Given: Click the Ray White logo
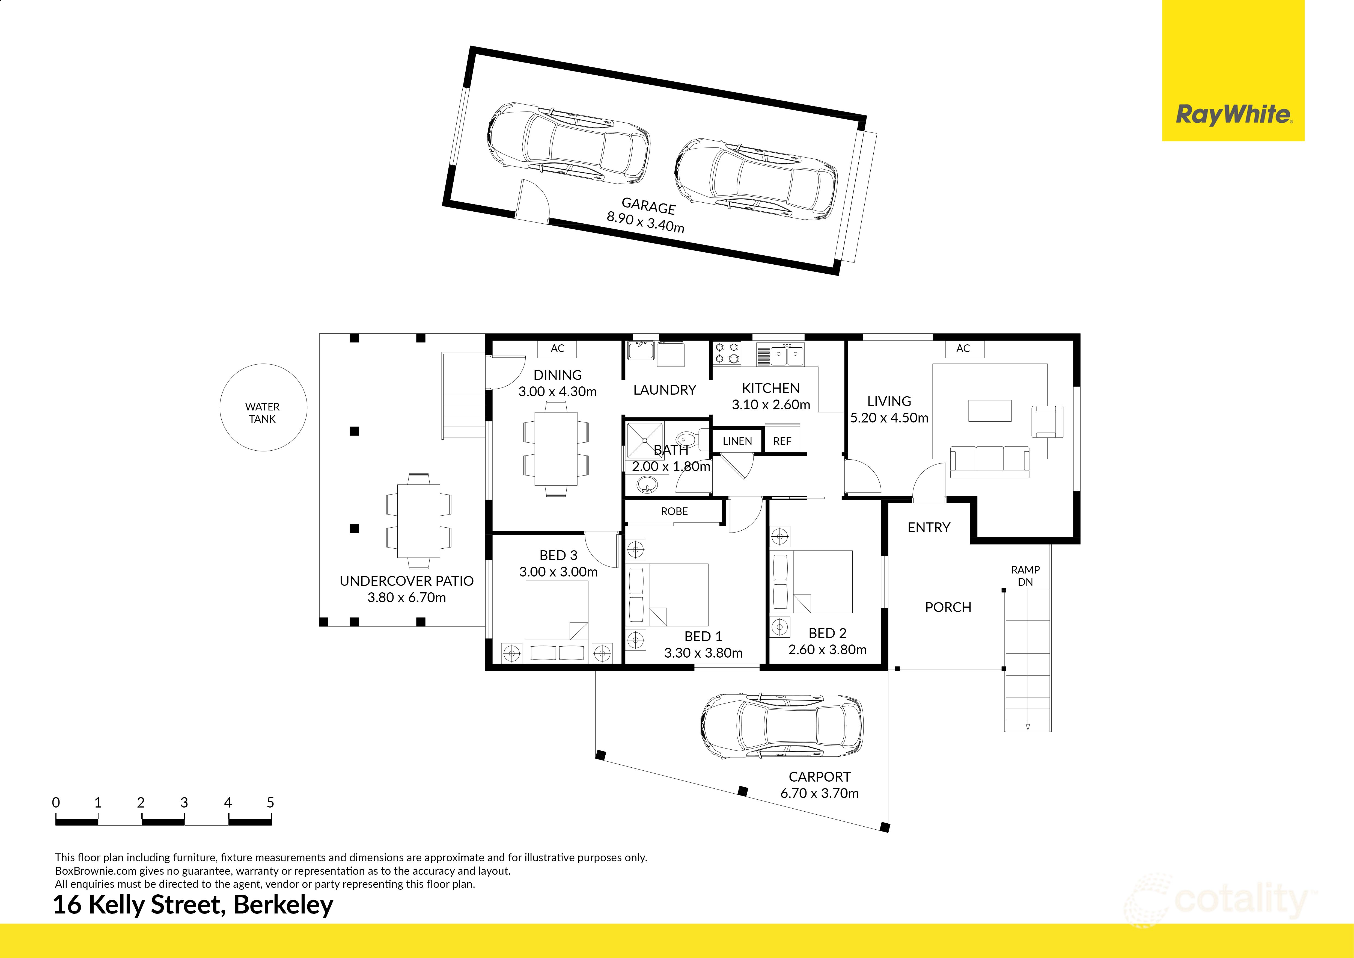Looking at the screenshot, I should (x=1233, y=114).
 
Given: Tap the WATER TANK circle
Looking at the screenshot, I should (x=263, y=408).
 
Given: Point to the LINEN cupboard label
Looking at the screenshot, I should (x=737, y=441).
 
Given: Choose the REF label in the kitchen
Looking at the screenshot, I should (x=782, y=441).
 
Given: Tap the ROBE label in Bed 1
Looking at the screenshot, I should (x=674, y=511).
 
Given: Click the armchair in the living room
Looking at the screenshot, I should (x=1047, y=422).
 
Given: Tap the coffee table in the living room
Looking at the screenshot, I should (x=990, y=410).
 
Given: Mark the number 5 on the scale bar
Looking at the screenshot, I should (x=270, y=802).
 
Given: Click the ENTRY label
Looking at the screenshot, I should (x=929, y=527).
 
